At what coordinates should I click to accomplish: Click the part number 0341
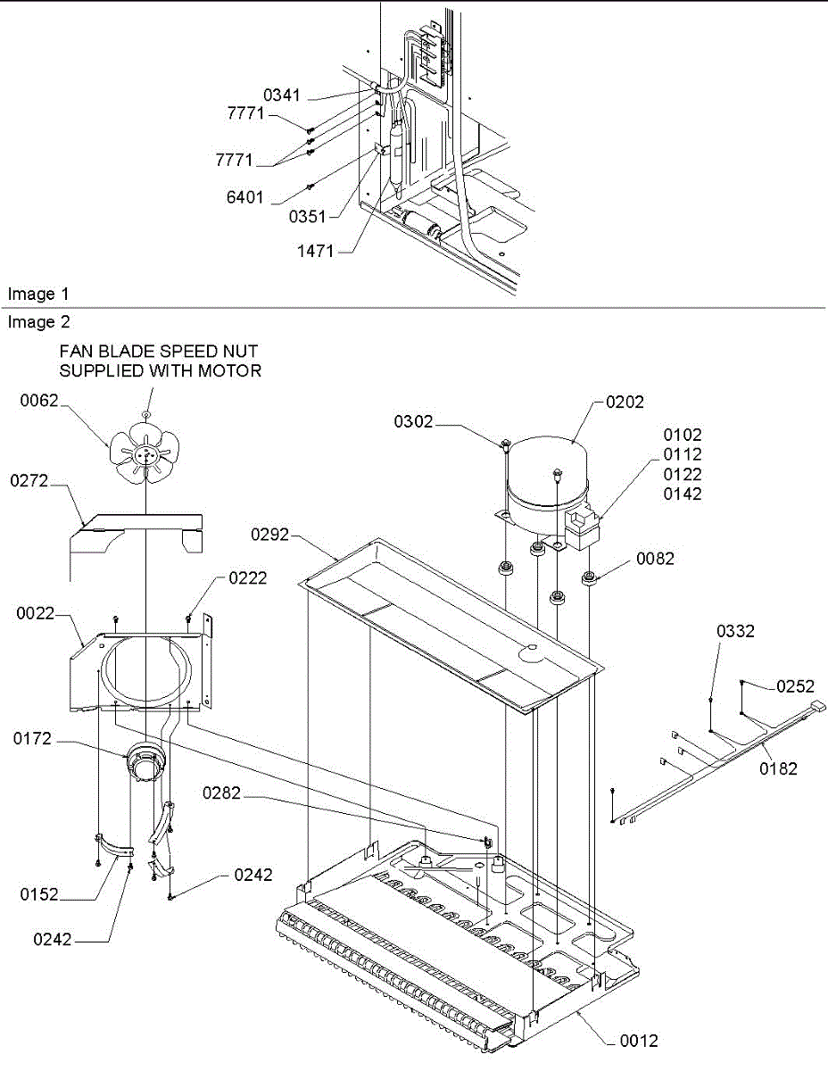(282, 95)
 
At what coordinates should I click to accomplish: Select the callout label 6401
(244, 197)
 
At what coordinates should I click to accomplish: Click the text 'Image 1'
(37, 294)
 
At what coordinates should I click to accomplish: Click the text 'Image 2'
(37, 322)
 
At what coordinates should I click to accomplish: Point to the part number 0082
(656, 560)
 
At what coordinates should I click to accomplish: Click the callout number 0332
(736, 632)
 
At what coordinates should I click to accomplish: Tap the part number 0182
(779, 768)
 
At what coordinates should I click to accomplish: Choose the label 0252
(796, 686)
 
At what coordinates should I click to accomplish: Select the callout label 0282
(220, 793)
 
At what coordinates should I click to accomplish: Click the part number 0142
(683, 494)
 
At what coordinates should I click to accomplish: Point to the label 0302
(413, 422)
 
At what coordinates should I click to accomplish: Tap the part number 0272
(30, 481)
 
